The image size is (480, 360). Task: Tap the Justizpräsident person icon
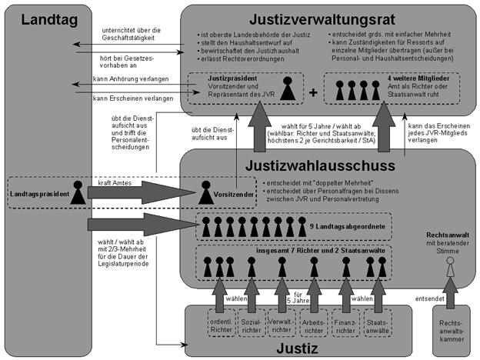(x=287, y=89)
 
